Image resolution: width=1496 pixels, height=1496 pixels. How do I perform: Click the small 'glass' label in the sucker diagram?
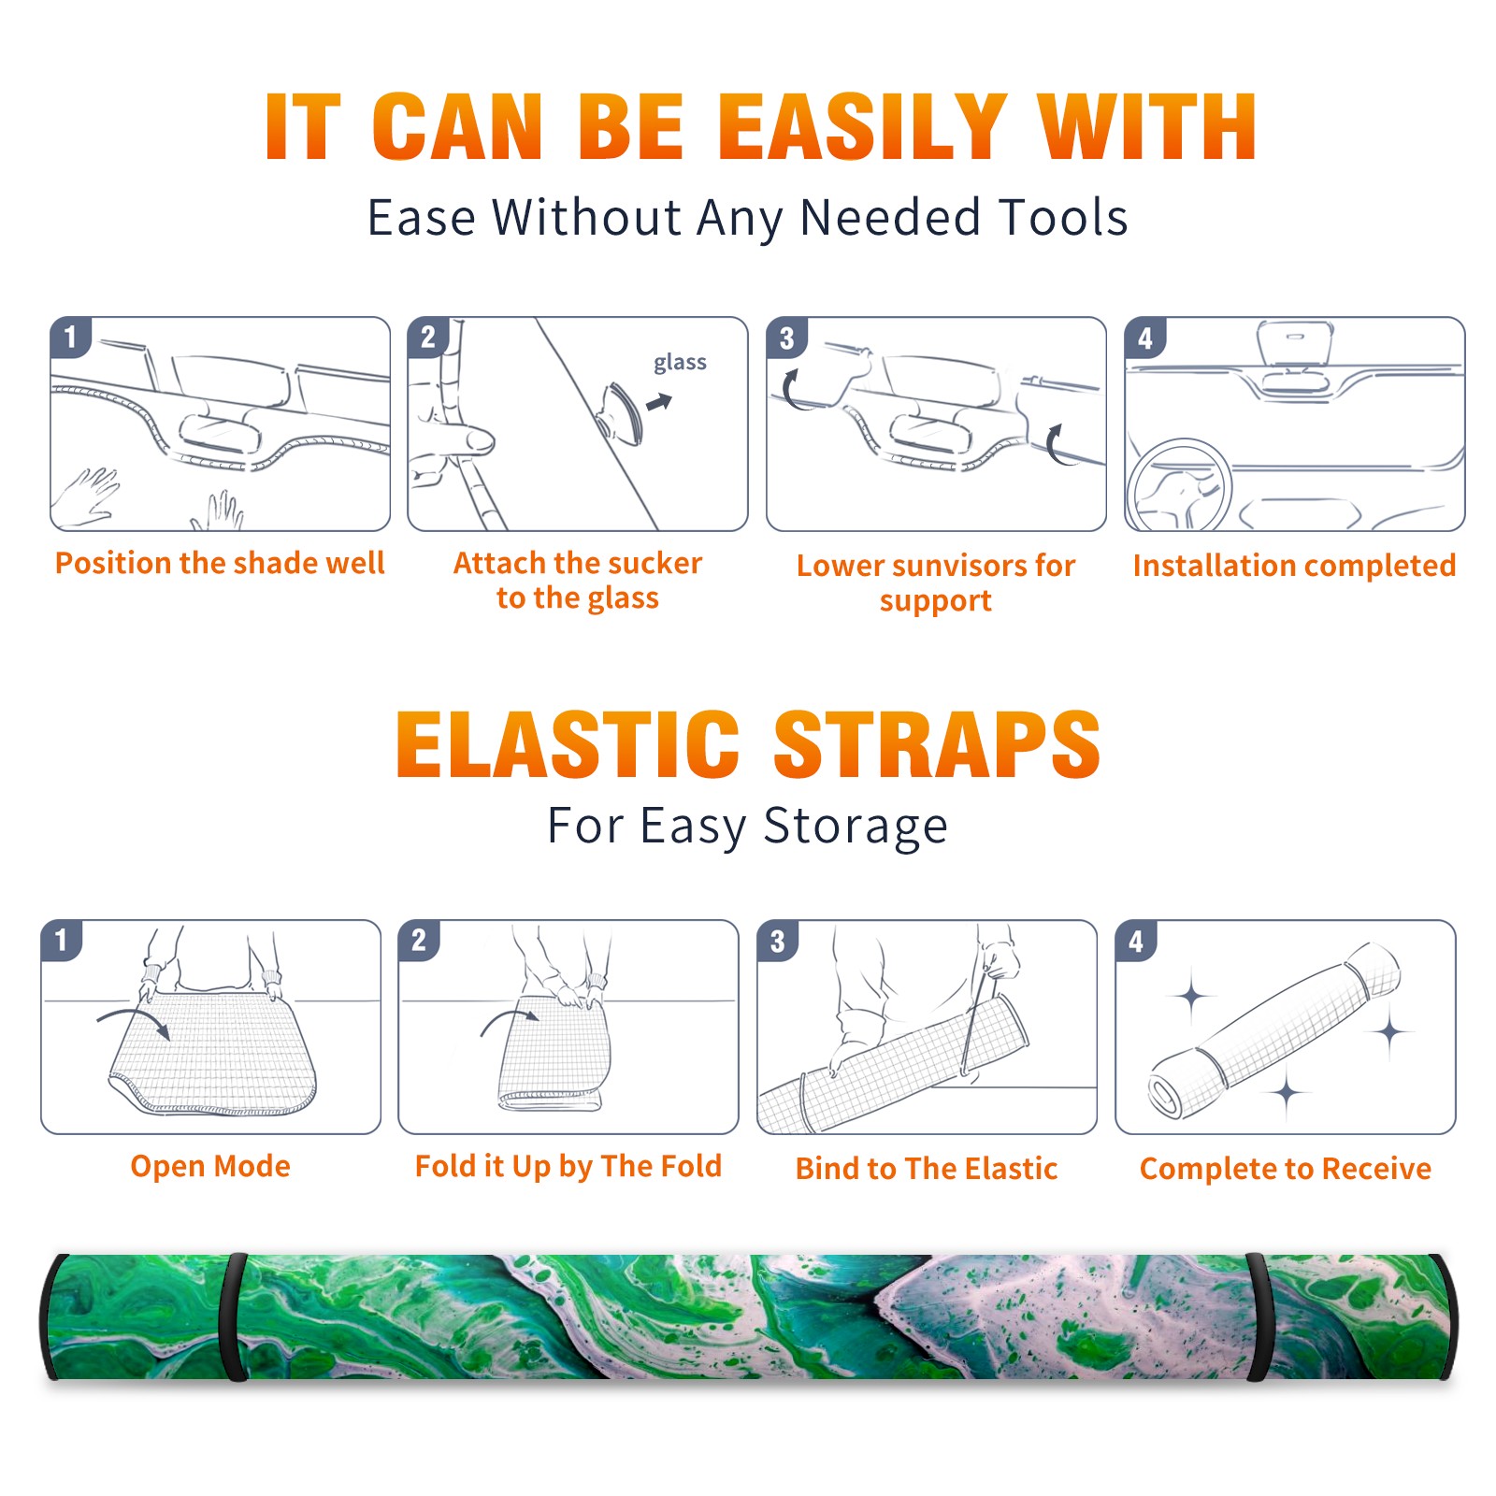[680, 363]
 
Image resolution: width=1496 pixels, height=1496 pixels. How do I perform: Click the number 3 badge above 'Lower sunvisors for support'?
[786, 338]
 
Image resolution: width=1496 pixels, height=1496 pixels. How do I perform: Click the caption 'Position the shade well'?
[220, 563]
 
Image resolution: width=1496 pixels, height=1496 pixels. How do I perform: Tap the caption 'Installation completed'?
[1294, 566]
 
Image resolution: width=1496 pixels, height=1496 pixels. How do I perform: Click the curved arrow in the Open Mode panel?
[133, 1020]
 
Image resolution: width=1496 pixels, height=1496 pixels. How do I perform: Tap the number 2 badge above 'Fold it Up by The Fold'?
[419, 941]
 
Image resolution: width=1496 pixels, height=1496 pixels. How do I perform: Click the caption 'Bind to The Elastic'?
[926, 1169]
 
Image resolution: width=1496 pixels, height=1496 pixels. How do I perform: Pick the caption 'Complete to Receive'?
[1286, 1169]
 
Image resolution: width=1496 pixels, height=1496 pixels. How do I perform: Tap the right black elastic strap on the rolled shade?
[1258, 1317]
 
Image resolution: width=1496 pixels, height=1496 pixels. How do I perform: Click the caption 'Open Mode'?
[210, 1167]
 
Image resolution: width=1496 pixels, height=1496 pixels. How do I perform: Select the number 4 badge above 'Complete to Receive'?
[1136, 941]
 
